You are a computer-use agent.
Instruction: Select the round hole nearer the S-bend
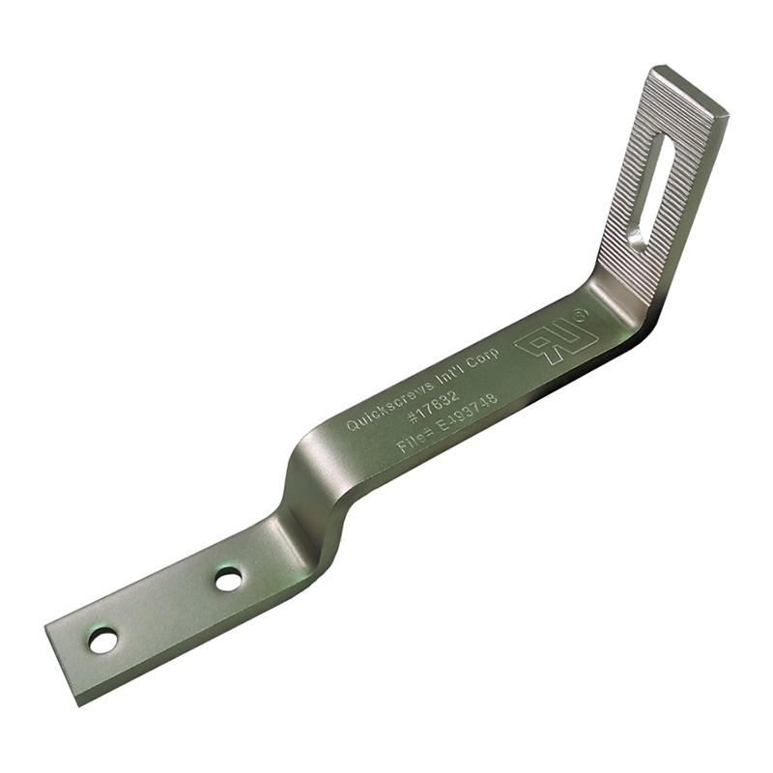[x=228, y=580]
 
